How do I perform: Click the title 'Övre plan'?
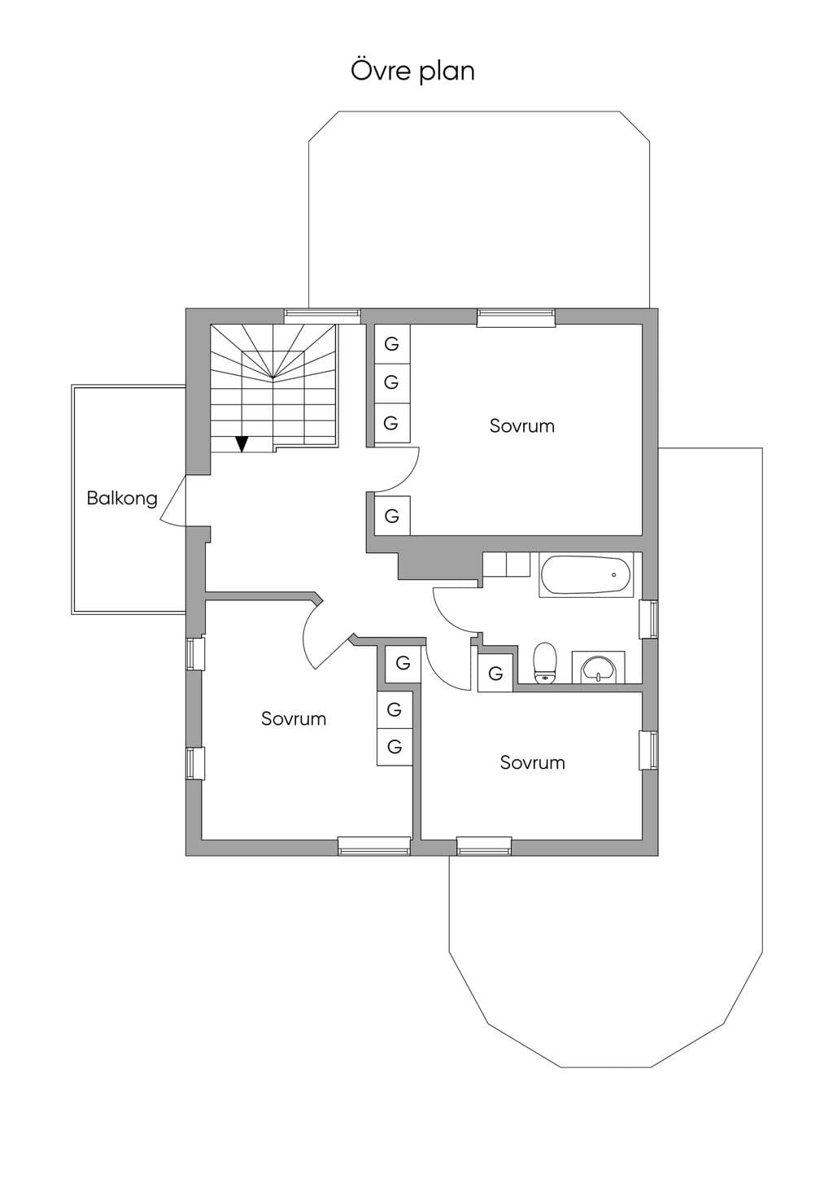[x=412, y=71]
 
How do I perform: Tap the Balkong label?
[x=122, y=498]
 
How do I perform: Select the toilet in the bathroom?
[x=544, y=663]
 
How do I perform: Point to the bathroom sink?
[x=598, y=669]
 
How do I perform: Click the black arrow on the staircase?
[x=242, y=444]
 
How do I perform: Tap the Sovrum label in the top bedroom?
[x=521, y=425]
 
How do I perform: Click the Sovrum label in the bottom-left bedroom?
[x=294, y=718]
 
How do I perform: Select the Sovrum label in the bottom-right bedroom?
[x=532, y=762]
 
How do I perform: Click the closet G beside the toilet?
[x=495, y=673]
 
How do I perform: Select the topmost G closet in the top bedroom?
[x=391, y=344]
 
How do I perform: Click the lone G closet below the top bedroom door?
[x=392, y=516]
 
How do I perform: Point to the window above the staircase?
[x=322, y=316]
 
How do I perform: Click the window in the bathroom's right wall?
[x=649, y=619]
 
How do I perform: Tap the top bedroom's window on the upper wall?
[x=516, y=317]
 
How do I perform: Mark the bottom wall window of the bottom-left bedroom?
[x=374, y=845]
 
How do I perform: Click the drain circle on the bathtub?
[x=614, y=575]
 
